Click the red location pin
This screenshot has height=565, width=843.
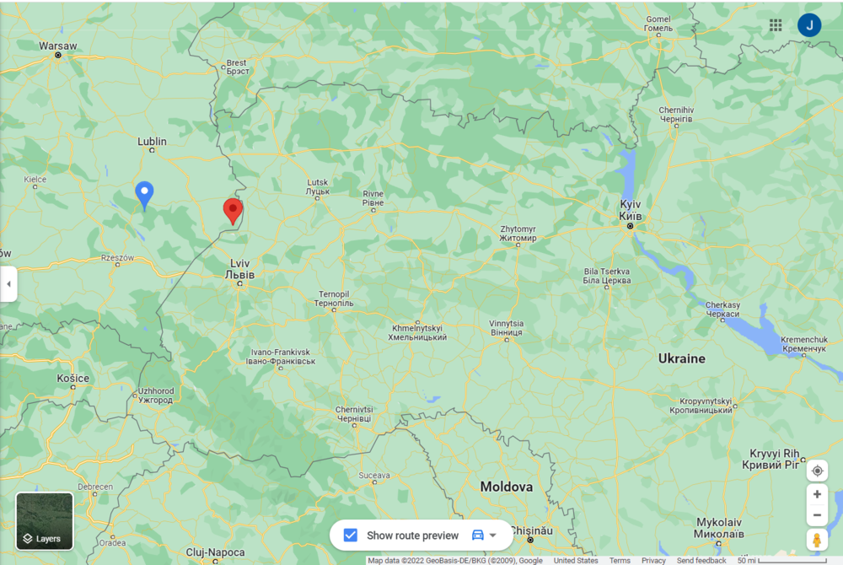[233, 209]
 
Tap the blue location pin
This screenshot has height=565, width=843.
[145, 193]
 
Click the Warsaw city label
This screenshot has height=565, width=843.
[58, 46]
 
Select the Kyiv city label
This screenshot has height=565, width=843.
[631, 211]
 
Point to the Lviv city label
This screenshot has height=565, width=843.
[239, 269]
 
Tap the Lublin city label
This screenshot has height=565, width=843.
[152, 142]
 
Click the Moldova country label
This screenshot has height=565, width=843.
[507, 487]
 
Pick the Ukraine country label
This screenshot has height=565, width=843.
[681, 358]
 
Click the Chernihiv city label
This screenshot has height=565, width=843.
[675, 115]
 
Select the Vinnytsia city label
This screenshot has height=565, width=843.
[506, 328]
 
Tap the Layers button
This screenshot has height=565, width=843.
[45, 521]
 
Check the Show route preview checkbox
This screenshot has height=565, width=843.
[351, 535]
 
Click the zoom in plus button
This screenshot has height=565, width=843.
[817, 494]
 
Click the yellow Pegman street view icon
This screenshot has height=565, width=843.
[817, 540]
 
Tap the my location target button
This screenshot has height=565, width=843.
[817, 471]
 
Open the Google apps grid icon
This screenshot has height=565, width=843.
[776, 25]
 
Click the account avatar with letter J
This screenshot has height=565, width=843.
[809, 25]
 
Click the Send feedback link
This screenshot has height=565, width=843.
[701, 561]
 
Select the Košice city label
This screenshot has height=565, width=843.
[73, 379]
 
